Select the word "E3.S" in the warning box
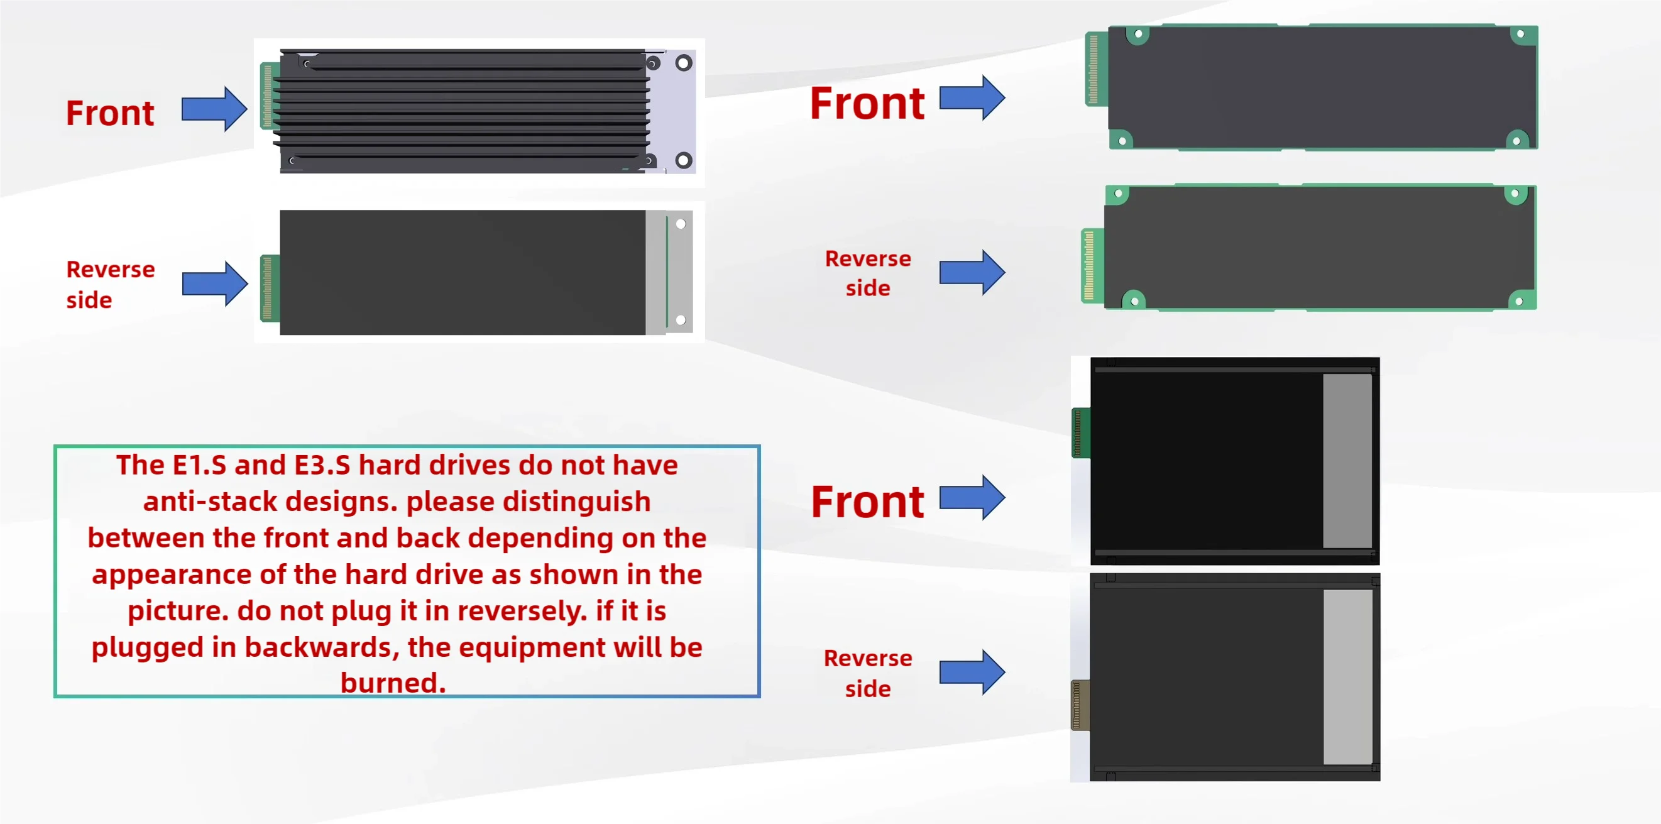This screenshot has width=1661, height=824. tap(322, 466)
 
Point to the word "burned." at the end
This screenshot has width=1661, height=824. tap(393, 683)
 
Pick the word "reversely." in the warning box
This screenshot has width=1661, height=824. tap(522, 610)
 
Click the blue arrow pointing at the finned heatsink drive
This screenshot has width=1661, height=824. tap(214, 109)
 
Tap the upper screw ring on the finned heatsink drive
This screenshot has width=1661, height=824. tap(684, 63)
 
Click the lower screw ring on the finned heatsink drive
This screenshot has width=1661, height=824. tap(684, 160)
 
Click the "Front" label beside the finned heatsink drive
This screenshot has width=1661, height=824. tap(110, 114)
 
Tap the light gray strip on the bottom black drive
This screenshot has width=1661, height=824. tap(1347, 677)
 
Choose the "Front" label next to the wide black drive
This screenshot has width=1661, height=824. tap(867, 502)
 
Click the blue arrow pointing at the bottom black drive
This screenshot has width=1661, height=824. tap(972, 672)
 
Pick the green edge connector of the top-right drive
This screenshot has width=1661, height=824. tap(1095, 69)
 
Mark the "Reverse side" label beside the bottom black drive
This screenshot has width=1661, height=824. tap(868, 673)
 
